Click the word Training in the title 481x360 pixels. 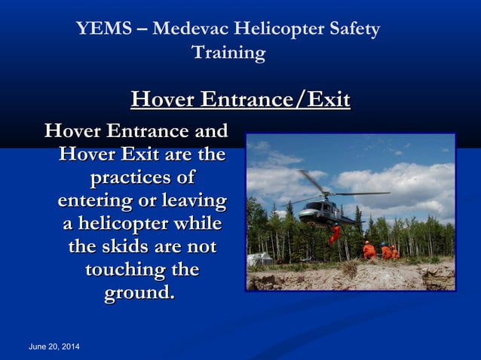coord(228,53)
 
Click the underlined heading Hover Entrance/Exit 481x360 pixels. coord(240,100)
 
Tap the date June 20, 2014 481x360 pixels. coord(54,346)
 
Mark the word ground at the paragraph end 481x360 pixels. coord(138,292)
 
